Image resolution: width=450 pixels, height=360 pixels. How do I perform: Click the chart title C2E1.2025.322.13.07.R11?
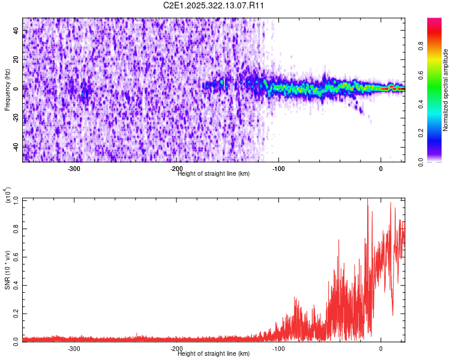click(x=214, y=5)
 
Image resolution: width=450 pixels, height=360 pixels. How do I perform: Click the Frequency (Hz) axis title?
click(x=8, y=90)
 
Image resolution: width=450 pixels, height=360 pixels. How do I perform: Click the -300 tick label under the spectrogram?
click(x=74, y=169)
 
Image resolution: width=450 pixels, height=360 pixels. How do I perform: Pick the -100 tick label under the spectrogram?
click(x=278, y=169)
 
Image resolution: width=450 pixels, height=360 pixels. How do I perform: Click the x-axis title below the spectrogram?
click(x=214, y=173)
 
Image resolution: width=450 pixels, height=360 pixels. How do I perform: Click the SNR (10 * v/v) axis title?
click(x=8, y=270)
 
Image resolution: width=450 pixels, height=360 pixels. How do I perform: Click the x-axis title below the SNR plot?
click(x=214, y=353)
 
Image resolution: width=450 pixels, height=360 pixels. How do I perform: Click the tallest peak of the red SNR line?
click(x=367, y=199)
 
